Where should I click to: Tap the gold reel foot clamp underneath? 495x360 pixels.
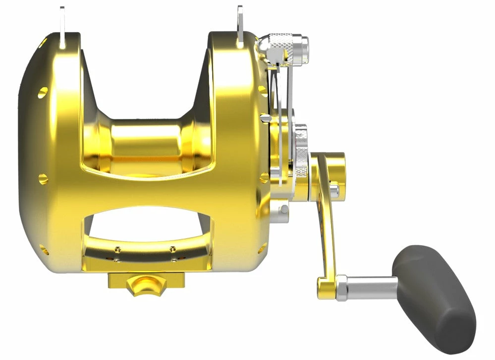[146, 282]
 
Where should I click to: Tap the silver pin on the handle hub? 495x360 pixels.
[335, 189]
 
